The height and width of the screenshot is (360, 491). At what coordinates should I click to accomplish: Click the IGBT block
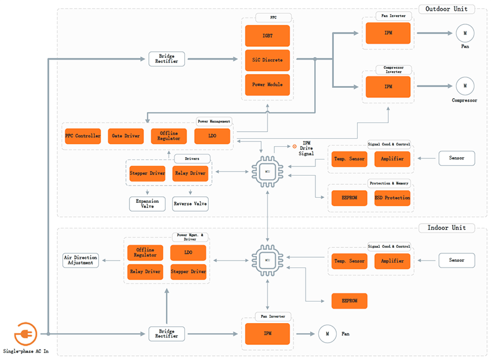(267, 36)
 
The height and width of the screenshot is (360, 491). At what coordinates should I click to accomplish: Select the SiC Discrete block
(267, 60)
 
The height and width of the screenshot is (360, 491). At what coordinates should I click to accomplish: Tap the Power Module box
(267, 84)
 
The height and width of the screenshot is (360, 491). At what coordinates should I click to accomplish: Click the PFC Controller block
(83, 136)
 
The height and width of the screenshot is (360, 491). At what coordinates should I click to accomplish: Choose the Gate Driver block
(125, 136)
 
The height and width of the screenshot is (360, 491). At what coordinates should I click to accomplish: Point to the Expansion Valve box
(147, 204)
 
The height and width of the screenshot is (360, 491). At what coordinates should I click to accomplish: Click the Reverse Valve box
(190, 204)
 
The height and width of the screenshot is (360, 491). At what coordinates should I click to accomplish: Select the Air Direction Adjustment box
(80, 260)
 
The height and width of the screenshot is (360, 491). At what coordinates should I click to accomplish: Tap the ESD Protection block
(392, 198)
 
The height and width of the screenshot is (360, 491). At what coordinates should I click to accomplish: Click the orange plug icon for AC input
(25, 334)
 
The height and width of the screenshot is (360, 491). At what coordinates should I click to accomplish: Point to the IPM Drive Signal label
(306, 148)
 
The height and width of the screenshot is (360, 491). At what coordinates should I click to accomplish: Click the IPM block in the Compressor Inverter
(388, 87)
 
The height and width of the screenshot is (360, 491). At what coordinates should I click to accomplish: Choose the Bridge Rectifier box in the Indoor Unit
(166, 334)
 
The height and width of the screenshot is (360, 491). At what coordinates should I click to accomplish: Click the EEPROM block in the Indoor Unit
(349, 301)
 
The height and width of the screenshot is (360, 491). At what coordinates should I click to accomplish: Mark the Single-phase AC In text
(26, 351)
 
